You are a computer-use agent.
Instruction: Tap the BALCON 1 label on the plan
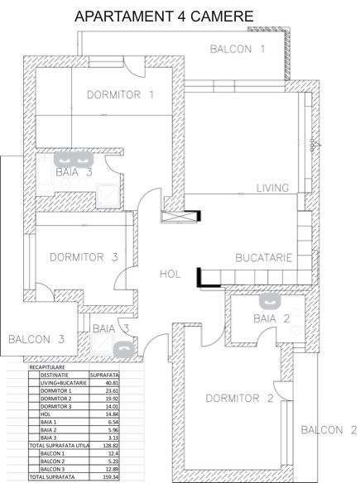238,49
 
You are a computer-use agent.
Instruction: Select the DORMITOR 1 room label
121,94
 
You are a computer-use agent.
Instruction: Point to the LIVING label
272,188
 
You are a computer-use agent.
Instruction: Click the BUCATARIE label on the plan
264,258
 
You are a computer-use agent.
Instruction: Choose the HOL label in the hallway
170,275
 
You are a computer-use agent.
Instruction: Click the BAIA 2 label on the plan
271,318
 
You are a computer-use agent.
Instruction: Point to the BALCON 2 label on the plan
328,429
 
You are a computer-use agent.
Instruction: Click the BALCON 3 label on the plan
36,338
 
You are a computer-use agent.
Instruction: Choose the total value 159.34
110,477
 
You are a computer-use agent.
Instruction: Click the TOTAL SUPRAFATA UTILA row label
60,447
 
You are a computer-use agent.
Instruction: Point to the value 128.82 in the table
110,447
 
